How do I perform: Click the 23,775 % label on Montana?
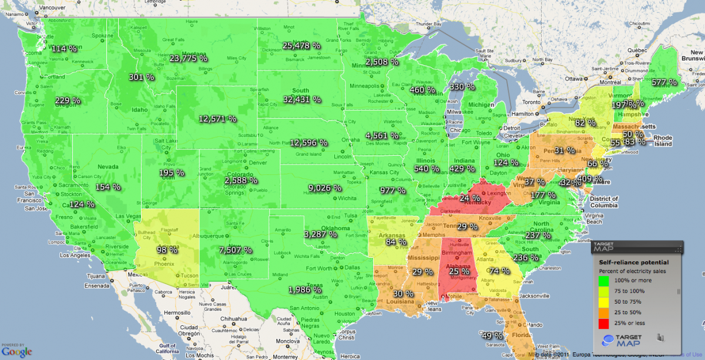pos(188,58)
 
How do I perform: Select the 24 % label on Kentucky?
pos(469,198)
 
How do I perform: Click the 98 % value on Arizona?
pos(167,250)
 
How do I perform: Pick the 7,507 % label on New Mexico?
pos(235,250)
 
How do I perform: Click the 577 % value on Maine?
pos(664,83)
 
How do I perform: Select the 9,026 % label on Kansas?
pos(324,189)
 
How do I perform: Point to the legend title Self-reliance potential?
pos(633,262)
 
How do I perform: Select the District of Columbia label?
pos(596,203)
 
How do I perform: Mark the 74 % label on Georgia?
pos(499,271)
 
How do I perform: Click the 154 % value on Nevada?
pos(108,187)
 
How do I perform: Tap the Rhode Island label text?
pos(663,140)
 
